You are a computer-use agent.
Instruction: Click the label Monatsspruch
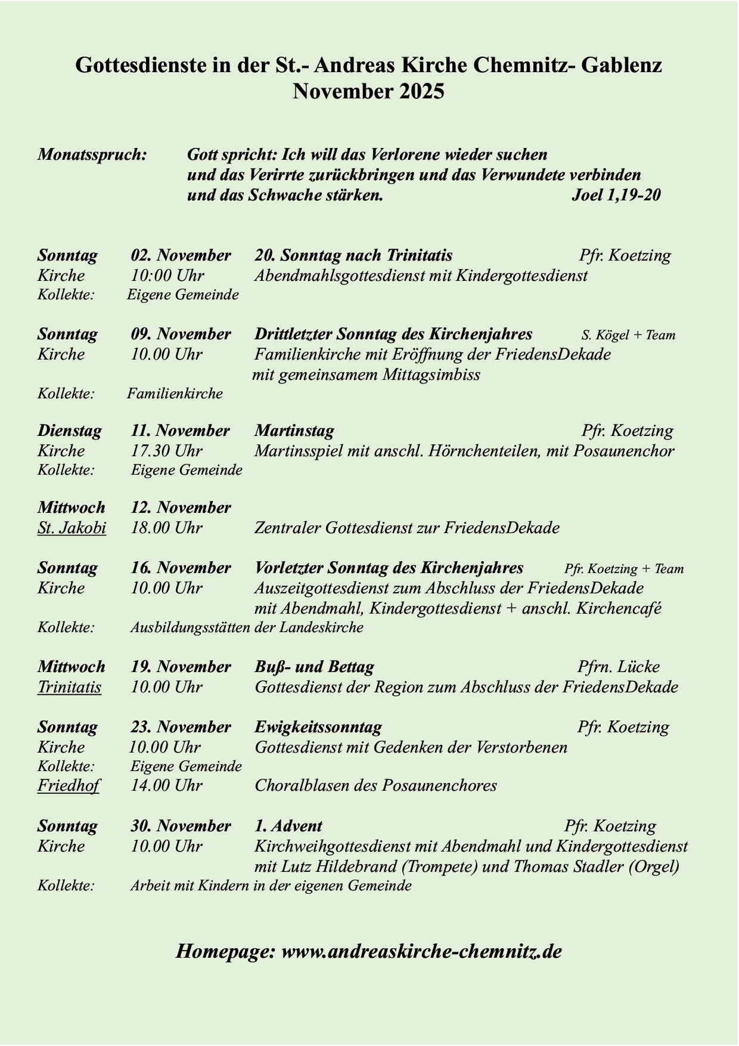click(92, 155)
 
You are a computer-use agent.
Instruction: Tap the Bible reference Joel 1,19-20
click(616, 195)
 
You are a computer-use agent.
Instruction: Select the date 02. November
click(181, 256)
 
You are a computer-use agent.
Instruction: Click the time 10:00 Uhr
click(167, 276)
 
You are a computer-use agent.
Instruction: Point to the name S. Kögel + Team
click(628, 335)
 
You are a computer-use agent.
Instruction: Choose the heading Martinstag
click(294, 431)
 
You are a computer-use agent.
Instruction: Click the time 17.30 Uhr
click(166, 451)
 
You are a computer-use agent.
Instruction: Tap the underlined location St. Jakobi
click(72, 528)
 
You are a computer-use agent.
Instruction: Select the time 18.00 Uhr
click(166, 528)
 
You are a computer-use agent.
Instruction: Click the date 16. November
click(181, 568)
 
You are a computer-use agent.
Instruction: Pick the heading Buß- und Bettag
click(314, 667)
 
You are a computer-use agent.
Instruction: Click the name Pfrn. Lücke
click(618, 667)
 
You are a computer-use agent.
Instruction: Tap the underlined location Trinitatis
click(69, 688)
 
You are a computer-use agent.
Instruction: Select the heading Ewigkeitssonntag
click(318, 728)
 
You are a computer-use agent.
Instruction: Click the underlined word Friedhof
click(68, 786)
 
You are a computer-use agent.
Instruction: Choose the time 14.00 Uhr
click(166, 786)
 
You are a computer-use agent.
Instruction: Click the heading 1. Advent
click(288, 827)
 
